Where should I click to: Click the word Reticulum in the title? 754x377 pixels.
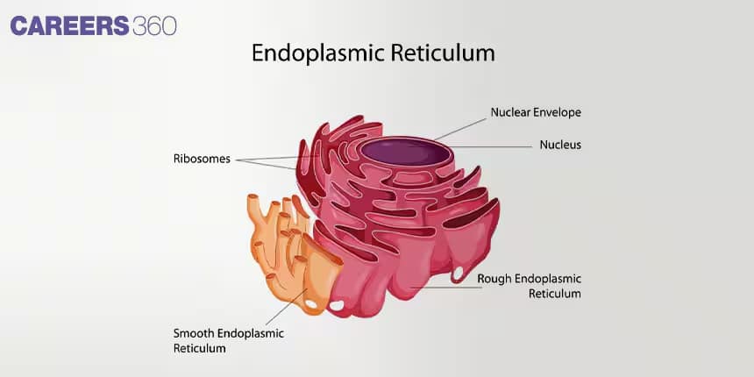(443, 53)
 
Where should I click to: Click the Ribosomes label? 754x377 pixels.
(202, 159)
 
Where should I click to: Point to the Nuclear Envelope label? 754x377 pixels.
(536, 112)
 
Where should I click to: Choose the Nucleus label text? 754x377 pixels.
(560, 145)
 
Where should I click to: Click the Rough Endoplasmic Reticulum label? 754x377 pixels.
(529, 286)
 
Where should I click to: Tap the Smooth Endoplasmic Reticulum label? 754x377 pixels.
(229, 340)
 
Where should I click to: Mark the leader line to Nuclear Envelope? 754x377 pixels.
(460, 129)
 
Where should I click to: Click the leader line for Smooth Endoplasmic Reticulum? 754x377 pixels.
(286, 307)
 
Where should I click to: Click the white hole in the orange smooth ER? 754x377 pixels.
(311, 304)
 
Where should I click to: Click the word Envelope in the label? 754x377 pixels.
(558, 112)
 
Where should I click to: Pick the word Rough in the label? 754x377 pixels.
(494, 280)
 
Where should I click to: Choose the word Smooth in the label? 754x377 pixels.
(195, 333)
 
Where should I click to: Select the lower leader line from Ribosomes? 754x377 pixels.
(266, 165)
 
